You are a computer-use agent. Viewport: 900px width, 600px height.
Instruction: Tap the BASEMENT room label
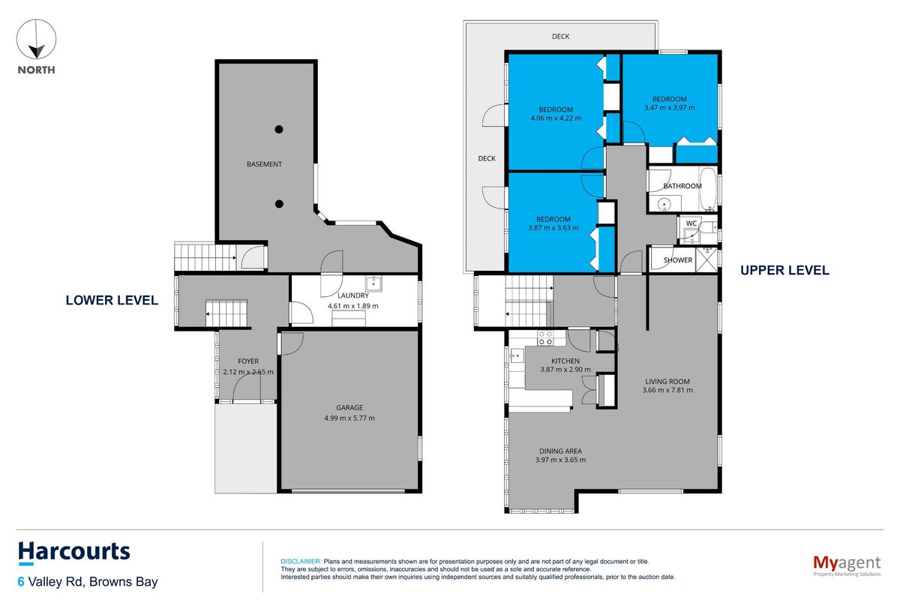pos(264,164)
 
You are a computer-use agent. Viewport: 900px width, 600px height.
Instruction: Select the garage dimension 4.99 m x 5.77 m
pos(349,418)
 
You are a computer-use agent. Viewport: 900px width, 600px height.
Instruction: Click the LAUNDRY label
pos(352,295)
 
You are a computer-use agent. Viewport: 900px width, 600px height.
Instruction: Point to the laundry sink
pos(373,283)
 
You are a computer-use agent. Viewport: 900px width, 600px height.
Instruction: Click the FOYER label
pos(248,361)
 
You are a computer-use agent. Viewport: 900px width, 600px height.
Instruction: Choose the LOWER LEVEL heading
pos(112,300)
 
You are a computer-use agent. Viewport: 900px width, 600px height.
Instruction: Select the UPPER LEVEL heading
pos(784,270)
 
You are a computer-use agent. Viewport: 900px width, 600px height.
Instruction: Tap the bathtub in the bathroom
pos(708,189)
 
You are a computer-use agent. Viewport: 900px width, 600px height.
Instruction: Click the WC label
pos(691,223)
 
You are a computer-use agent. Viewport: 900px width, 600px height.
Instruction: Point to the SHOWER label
pos(678,260)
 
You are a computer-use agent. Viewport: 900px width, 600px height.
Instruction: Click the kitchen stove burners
pos(545,338)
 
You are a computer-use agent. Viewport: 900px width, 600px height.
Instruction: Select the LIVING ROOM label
pos(667,382)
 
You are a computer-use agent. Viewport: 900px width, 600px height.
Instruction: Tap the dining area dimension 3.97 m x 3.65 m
pos(560,460)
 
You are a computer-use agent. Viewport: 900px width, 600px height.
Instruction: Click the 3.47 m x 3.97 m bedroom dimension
pos(669,107)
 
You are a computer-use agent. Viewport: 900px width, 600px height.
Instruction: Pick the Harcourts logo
pos(74,553)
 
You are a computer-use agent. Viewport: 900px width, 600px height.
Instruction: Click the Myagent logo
pos(847,565)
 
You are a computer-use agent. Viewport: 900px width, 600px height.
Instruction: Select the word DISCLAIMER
pos(301,562)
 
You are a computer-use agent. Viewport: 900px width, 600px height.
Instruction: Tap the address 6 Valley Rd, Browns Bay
pos(88,581)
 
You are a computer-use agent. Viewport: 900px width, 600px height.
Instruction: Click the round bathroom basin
pos(664,205)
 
